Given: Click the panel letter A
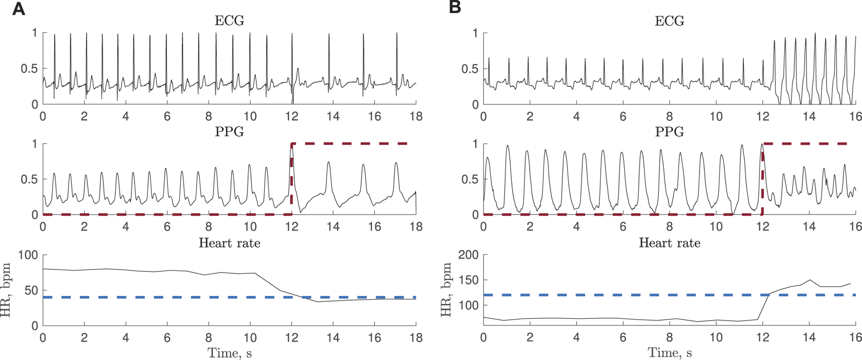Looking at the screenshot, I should tap(18, 9).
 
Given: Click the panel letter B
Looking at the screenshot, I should tap(455, 8).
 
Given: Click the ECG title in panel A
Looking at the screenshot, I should tap(229, 21).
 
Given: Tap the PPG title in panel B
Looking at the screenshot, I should tap(669, 132).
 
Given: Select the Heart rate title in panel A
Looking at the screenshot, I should tap(229, 243).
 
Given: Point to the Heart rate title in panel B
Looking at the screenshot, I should tap(669, 243).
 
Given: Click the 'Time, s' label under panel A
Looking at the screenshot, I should tap(229, 353).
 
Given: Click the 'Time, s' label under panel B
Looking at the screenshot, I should tap(669, 353).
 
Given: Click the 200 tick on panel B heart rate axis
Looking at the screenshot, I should tap(468, 255).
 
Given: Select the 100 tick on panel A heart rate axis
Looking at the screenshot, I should tap(28, 255).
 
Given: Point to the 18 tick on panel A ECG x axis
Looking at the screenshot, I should tap(415, 116).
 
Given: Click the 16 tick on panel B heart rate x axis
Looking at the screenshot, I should tap(856, 337).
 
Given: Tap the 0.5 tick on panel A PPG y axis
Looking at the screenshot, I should tap(29, 180).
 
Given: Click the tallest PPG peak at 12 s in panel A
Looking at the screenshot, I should tap(291, 146).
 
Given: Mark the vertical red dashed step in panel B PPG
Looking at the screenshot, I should tap(762, 180).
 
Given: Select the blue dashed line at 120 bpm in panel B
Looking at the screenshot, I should tap(632, 295).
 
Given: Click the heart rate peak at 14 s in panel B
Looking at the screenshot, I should tap(809, 280).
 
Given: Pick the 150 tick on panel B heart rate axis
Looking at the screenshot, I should tap(468, 280).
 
